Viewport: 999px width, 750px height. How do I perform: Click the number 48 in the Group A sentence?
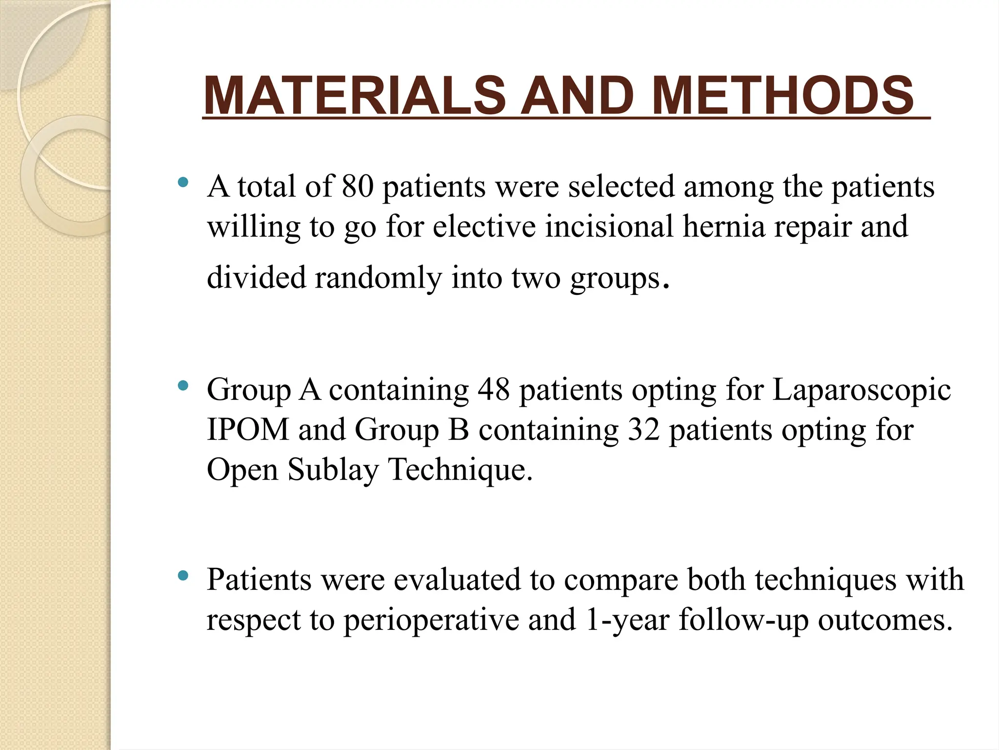[493, 390]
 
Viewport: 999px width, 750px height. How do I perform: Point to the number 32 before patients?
[643, 430]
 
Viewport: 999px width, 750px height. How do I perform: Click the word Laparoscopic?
[861, 390]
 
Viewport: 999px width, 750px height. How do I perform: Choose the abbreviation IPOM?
[248, 430]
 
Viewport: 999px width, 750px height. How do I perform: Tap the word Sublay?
[333, 470]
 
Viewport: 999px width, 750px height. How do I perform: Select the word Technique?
[460, 470]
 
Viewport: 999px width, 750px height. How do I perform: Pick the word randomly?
[379, 277]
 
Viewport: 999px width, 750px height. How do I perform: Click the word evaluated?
[457, 580]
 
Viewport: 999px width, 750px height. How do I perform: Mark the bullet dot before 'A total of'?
[183, 183]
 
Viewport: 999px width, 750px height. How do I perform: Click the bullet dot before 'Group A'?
[183, 386]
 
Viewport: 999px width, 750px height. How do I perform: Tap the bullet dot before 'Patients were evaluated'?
[183, 576]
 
